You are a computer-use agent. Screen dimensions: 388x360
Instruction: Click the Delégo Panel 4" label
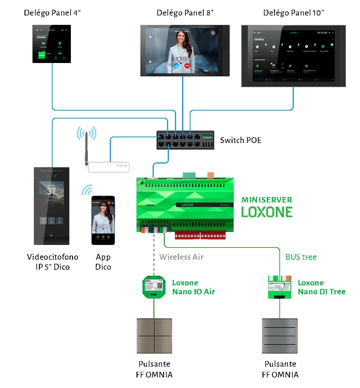click(x=52, y=13)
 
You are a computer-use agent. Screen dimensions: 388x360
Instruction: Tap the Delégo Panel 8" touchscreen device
click(x=185, y=50)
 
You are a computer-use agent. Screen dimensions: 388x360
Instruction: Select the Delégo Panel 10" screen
click(x=293, y=56)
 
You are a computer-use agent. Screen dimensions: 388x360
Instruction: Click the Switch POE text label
click(x=240, y=140)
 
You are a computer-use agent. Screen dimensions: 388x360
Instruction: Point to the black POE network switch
click(x=185, y=140)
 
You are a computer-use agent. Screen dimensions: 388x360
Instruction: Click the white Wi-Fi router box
click(x=109, y=166)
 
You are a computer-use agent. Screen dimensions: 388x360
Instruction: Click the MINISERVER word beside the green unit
click(x=267, y=200)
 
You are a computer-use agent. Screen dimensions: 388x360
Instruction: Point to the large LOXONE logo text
click(x=267, y=212)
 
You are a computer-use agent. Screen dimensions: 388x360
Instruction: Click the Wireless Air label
click(x=181, y=257)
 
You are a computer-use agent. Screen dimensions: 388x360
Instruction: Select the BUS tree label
click(x=301, y=257)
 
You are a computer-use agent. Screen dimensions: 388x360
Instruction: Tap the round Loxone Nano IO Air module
click(x=154, y=287)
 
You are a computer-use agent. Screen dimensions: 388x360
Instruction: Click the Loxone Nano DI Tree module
click(x=280, y=287)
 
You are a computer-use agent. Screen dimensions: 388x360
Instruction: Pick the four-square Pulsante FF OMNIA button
click(x=154, y=336)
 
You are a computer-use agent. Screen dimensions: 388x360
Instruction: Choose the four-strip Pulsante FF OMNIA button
click(x=280, y=336)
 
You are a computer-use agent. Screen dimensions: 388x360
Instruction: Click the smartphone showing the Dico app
click(x=103, y=220)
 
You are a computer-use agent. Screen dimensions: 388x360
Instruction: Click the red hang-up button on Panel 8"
click(x=187, y=66)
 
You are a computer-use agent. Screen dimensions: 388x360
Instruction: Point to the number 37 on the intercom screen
click(x=51, y=191)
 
